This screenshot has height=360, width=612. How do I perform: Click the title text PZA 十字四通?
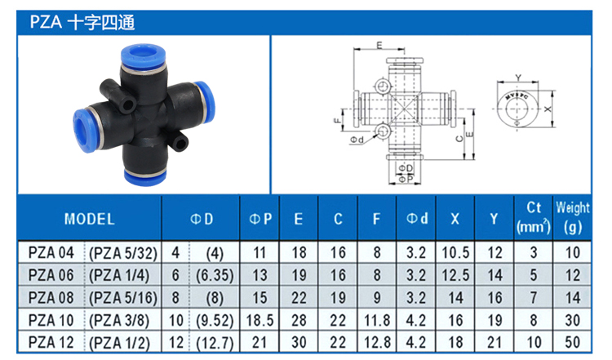point(82,22)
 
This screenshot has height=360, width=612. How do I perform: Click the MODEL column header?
point(90,219)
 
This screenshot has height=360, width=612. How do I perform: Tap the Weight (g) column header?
point(573,217)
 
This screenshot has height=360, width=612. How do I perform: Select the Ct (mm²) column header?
point(534,217)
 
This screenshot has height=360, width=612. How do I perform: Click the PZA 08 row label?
point(51,298)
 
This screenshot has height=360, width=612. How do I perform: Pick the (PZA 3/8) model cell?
point(119,321)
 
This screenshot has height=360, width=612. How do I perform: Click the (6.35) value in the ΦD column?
point(215,276)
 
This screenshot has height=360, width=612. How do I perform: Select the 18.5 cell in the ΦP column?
point(259,321)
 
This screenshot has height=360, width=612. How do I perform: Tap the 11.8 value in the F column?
point(377,321)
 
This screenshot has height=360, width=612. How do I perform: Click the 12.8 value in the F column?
point(377,342)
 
